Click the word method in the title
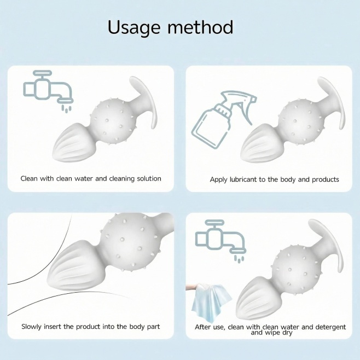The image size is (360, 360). (x=200, y=27)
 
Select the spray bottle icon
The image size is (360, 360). (x=224, y=119)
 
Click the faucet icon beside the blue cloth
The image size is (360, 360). (x=220, y=241)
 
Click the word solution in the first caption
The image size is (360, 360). (x=149, y=178)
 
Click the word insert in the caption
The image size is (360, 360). (x=53, y=327)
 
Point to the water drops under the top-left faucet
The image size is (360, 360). (x=66, y=108)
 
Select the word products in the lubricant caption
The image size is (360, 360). (x=326, y=179)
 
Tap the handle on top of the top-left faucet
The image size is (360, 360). (x=42, y=73)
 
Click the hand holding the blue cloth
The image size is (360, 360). (x=192, y=287)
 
